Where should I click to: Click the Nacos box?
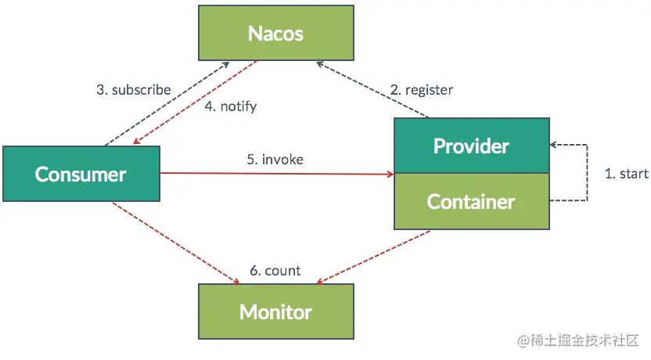[x=276, y=33]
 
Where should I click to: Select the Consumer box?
[x=81, y=174]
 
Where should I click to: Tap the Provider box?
[x=472, y=146]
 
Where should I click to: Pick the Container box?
[x=472, y=201]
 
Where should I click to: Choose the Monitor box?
[x=276, y=311]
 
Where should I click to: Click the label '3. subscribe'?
[x=134, y=90]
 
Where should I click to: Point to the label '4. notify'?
[x=231, y=106]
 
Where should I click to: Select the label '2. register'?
[x=422, y=90]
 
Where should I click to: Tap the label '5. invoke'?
[x=275, y=159]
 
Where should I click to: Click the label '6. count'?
[x=275, y=271]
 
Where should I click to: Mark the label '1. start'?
[x=627, y=173]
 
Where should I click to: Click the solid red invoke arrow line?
[x=277, y=174]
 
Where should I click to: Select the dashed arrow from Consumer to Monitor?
[x=176, y=243]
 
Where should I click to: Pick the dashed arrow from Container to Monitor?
[x=373, y=257]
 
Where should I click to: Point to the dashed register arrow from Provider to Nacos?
[x=372, y=89]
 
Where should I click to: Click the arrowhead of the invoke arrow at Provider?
[x=390, y=174]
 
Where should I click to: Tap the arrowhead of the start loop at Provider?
[x=553, y=145]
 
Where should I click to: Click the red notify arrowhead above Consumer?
[x=137, y=141]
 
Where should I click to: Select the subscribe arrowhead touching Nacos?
[x=225, y=65]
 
